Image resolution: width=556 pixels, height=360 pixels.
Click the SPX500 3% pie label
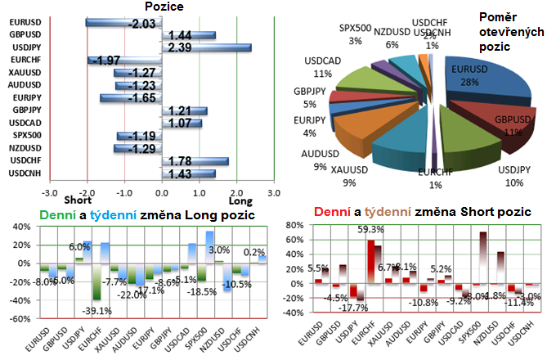(x=355, y=34)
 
